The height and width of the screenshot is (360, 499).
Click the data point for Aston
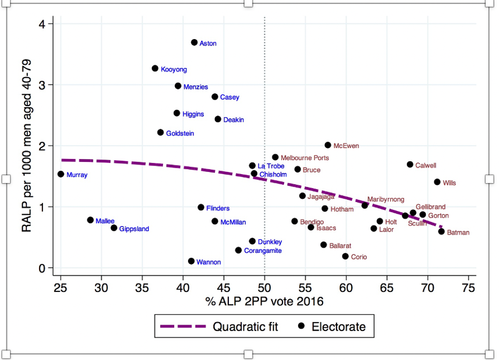194,42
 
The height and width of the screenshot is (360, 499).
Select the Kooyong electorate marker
155,69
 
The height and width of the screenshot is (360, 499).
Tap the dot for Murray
61,174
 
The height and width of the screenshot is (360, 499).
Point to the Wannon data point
191,261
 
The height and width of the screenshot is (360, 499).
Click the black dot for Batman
441,231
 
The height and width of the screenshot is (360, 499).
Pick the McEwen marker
327,145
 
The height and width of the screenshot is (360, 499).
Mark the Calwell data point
410,164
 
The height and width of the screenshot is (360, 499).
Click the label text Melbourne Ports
304,158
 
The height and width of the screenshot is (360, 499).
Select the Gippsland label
134,229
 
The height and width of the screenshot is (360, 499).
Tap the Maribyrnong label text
385,199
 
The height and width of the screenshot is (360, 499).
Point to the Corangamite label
263,251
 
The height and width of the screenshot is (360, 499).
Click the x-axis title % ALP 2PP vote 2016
264,302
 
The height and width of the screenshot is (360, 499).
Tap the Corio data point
345,257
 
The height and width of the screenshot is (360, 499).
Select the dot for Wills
437,182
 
